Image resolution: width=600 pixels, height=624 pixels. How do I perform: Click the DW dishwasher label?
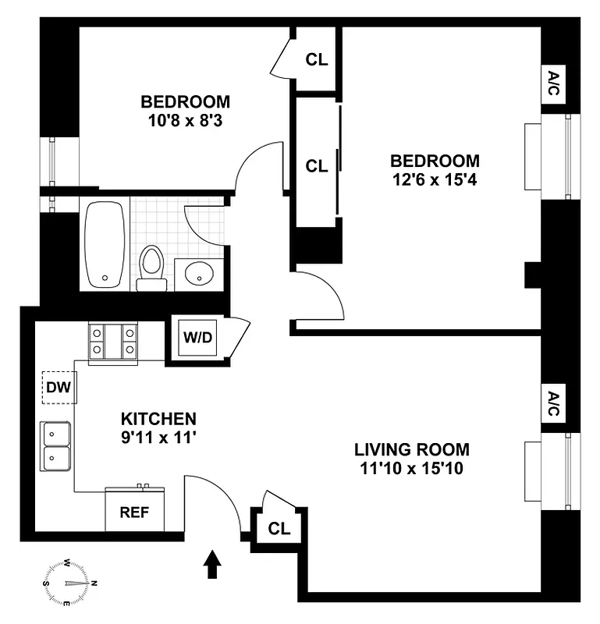pyautogui.click(x=58, y=388)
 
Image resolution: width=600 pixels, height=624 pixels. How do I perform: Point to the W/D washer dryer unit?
pyautogui.click(x=196, y=339)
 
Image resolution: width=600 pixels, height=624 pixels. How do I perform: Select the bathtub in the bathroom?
pyautogui.click(x=105, y=243)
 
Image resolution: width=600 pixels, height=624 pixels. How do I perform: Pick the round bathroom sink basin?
pyautogui.click(x=200, y=274)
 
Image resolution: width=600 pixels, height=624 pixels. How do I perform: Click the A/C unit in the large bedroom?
pyautogui.click(x=553, y=84)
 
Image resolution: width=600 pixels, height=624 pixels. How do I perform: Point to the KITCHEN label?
pyautogui.click(x=158, y=418)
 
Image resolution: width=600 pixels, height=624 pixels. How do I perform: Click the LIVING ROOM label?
pyautogui.click(x=412, y=449)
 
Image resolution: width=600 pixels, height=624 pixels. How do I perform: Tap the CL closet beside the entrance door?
pyautogui.click(x=279, y=528)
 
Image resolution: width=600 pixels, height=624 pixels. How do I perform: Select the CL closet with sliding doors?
pyautogui.click(x=316, y=165)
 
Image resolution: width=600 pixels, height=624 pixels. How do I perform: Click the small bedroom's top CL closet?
pyautogui.click(x=316, y=58)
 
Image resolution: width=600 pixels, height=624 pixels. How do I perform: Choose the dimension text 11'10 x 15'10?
pyautogui.click(x=412, y=469)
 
